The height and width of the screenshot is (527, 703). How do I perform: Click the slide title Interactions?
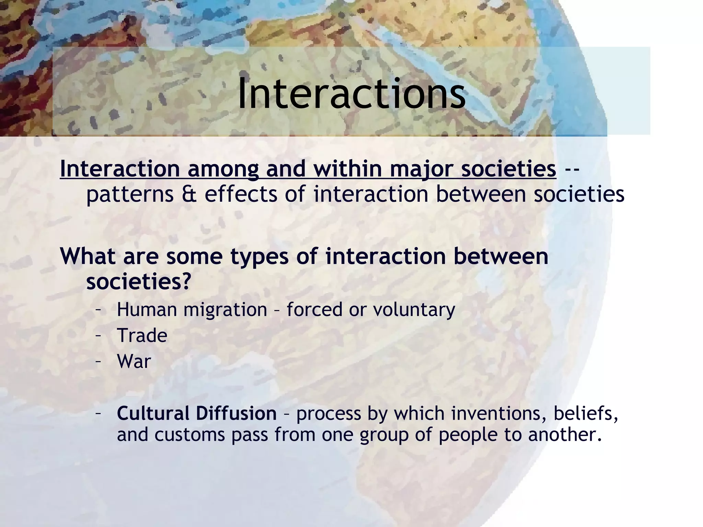tap(351, 94)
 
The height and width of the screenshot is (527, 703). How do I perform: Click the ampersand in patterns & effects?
tap(189, 194)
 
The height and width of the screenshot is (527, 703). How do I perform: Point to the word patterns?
tap(130, 194)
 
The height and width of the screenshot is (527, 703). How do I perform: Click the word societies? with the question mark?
tap(138, 282)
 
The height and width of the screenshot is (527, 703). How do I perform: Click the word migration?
tap(225, 309)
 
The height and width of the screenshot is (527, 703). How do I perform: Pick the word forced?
tap(314, 309)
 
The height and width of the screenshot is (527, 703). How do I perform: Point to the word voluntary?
tap(414, 310)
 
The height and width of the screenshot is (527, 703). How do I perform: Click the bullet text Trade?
tap(142, 335)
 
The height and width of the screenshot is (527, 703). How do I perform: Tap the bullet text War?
tap(134, 361)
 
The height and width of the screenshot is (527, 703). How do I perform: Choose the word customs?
tap(189, 435)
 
